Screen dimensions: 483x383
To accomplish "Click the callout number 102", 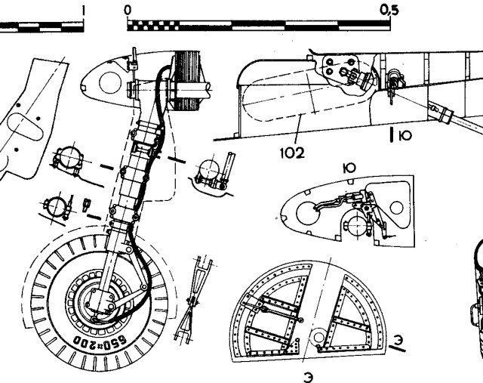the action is coord(292,153).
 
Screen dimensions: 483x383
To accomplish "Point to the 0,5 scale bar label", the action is coord(389,10).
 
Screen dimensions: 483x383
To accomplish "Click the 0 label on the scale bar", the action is coord(128,10).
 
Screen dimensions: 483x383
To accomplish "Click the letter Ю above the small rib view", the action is coord(349,168).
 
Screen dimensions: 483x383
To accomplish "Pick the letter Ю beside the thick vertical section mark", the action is coord(405,135).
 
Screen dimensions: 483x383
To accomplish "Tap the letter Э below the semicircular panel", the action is coord(309,377).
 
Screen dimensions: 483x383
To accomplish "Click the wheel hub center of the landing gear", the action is coord(98,300).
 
